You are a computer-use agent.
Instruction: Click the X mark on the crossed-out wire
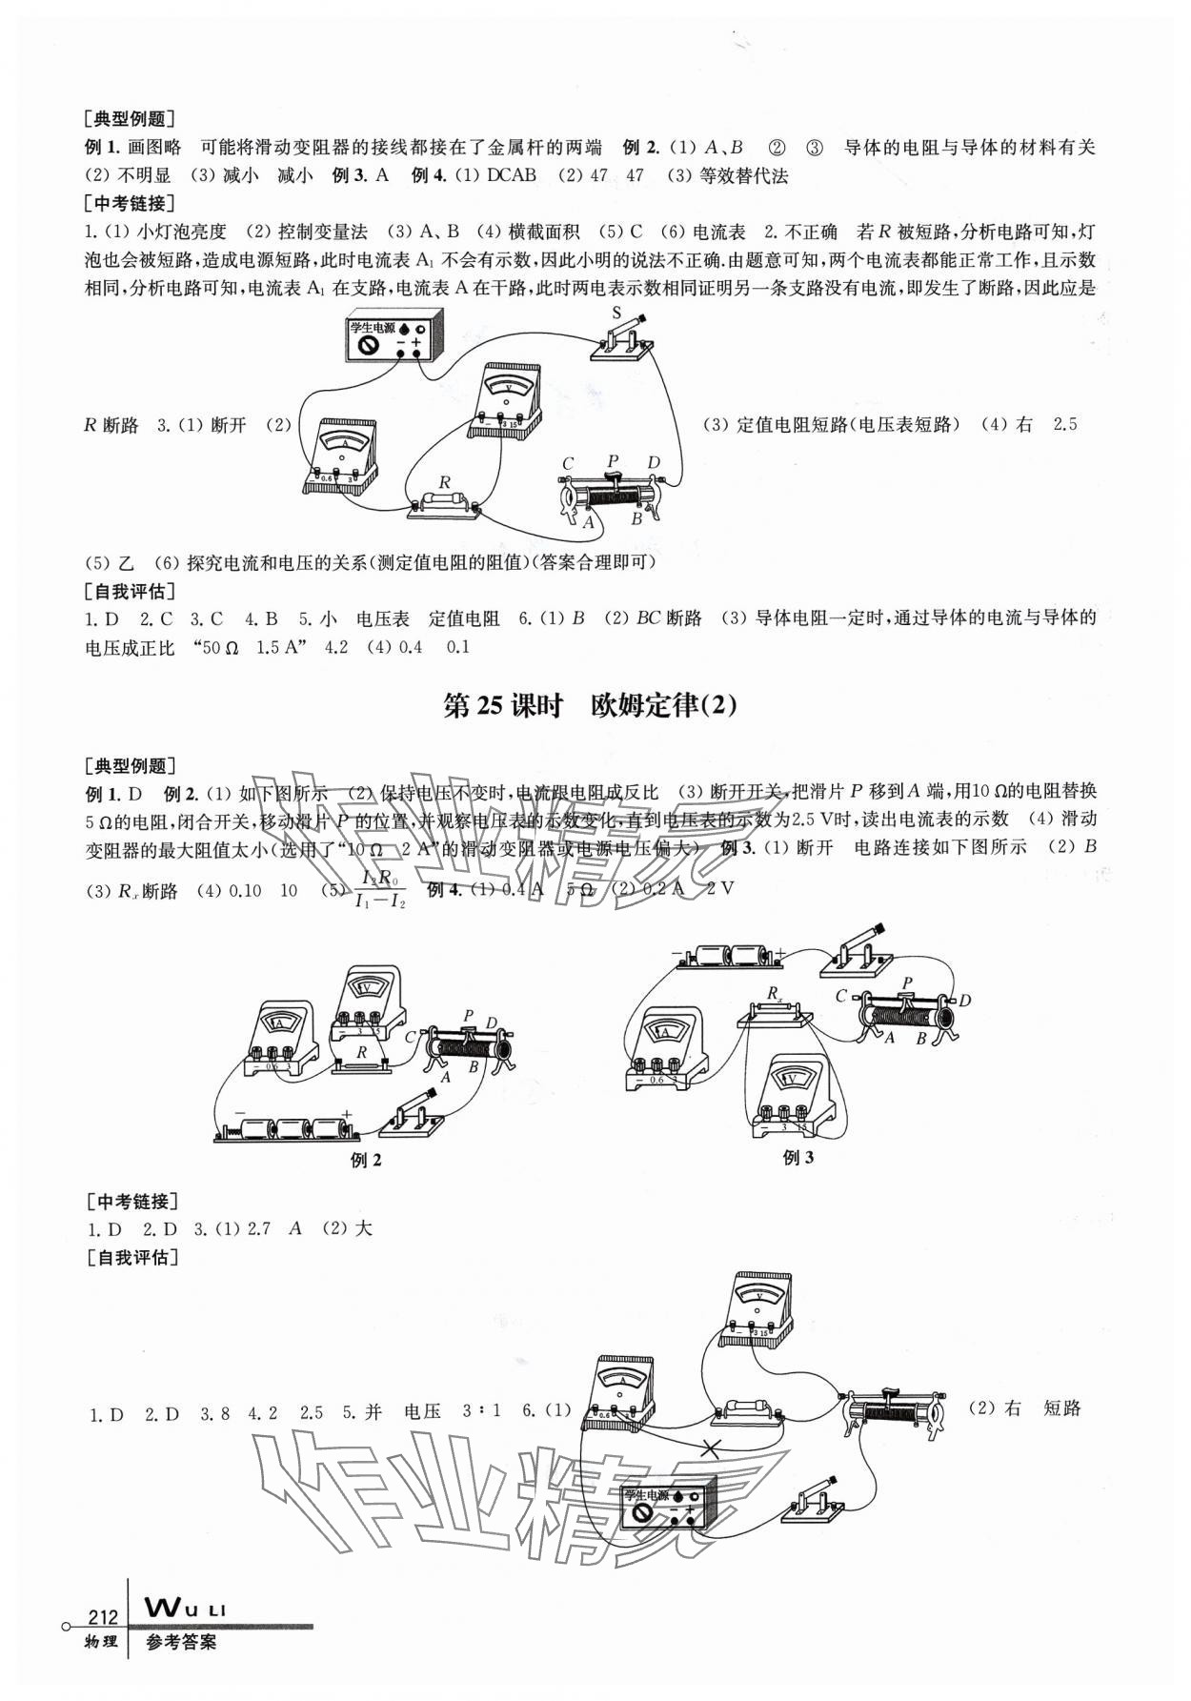point(711,1448)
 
